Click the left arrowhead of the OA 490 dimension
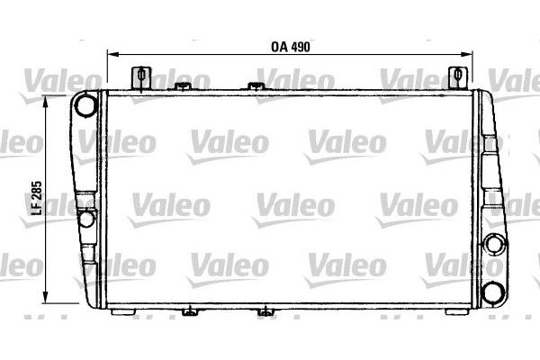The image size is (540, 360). (111, 54)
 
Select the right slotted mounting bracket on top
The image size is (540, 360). (458, 76)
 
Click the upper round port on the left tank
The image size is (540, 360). (86, 105)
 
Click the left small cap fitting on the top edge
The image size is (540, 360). (185, 86)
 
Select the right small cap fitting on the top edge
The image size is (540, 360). (253, 86)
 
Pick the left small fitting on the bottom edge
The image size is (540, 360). (190, 313)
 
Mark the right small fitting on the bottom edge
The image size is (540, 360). (264, 313)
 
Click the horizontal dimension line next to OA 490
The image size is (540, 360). (198, 54)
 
